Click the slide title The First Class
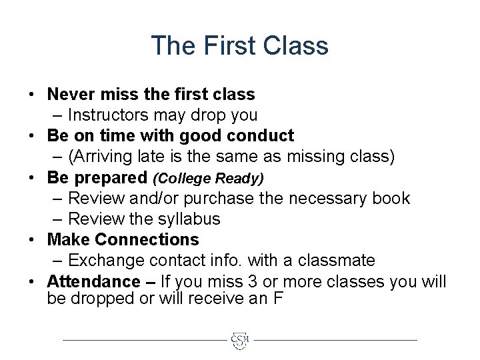click(x=239, y=46)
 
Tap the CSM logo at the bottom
click(x=239, y=340)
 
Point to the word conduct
click(x=260, y=136)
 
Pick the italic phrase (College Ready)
click(x=209, y=178)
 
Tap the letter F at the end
click(x=279, y=299)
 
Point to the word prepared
click(x=111, y=178)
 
